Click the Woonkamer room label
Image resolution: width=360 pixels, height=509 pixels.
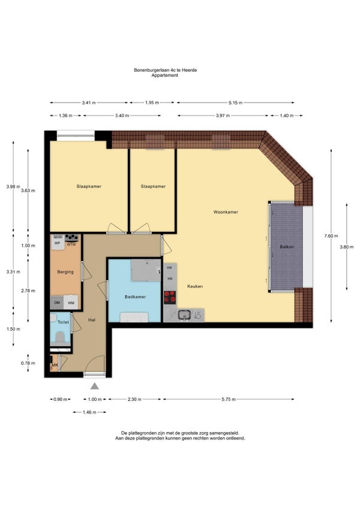(x=226, y=212)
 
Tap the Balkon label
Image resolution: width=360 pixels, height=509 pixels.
(x=287, y=247)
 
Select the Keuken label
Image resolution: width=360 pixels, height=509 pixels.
(x=195, y=286)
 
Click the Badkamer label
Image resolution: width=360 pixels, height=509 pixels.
(x=135, y=297)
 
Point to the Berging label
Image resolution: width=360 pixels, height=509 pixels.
(x=65, y=272)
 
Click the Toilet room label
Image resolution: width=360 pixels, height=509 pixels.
(x=63, y=322)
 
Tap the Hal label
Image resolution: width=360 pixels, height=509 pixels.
(x=92, y=320)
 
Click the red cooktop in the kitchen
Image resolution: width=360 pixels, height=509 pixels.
(x=169, y=297)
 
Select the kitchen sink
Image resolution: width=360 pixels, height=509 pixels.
(x=184, y=315)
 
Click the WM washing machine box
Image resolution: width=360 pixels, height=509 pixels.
(x=71, y=303)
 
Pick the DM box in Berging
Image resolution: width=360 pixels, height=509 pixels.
(x=57, y=303)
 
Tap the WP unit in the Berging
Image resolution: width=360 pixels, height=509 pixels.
(x=58, y=243)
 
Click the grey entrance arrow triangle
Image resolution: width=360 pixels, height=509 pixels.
(x=94, y=385)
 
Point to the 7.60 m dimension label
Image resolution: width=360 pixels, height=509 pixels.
(x=331, y=236)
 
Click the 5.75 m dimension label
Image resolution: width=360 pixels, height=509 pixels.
(x=229, y=399)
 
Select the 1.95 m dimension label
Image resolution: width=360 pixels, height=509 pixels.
(x=152, y=103)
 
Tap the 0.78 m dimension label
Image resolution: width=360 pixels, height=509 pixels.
(x=28, y=363)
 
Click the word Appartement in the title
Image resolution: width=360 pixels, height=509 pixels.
(x=164, y=75)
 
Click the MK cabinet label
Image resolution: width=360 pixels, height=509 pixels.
(x=55, y=366)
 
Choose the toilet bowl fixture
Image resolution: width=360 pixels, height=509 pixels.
(x=60, y=337)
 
